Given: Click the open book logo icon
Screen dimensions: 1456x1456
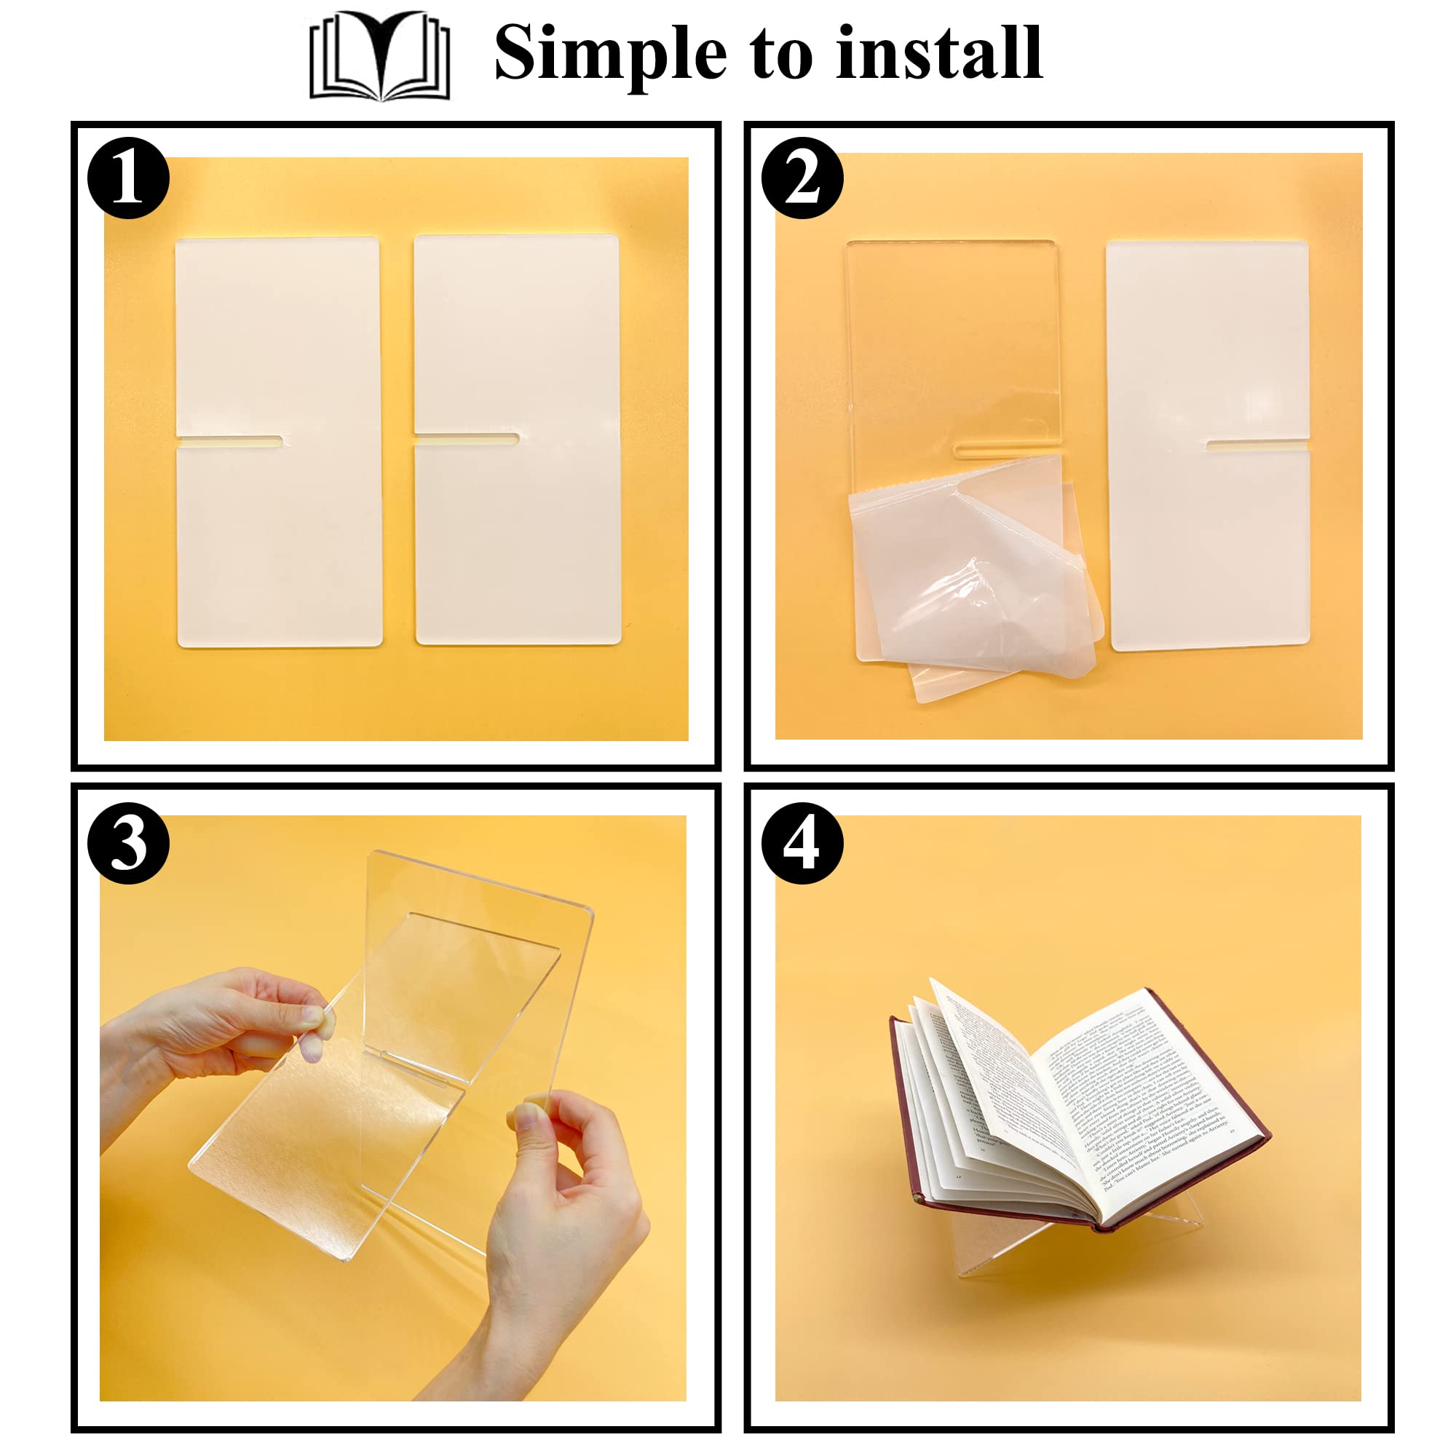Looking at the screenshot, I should pos(379,56).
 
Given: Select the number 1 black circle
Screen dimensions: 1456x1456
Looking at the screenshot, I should pos(128,178).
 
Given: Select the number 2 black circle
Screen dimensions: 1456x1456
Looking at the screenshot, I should pos(802,178).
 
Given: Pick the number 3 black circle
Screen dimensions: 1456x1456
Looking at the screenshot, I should pos(128,843).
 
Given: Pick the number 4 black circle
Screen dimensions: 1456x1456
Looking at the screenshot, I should pos(802,843).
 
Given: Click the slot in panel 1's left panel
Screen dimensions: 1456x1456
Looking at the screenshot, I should pos(230,442).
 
